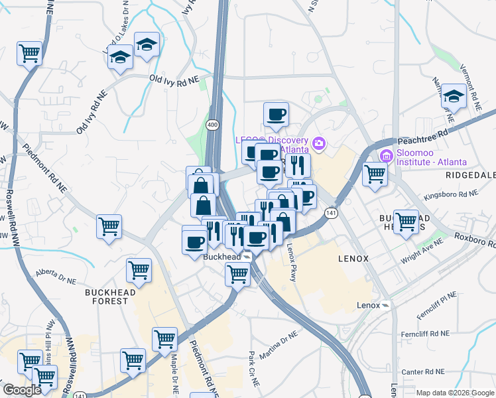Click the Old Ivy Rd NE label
[x=174, y=80]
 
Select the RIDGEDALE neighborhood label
[x=470, y=175]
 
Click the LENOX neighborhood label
[x=353, y=258]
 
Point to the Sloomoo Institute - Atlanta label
[x=432, y=157]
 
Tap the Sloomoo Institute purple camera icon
[x=387, y=157]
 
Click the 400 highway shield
[x=212, y=124]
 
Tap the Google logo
[x=22, y=390]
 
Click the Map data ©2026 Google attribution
[x=454, y=393]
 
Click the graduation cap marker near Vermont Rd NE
[x=454, y=97]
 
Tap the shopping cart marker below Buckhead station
[x=237, y=273]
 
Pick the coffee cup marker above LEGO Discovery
[x=276, y=114]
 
